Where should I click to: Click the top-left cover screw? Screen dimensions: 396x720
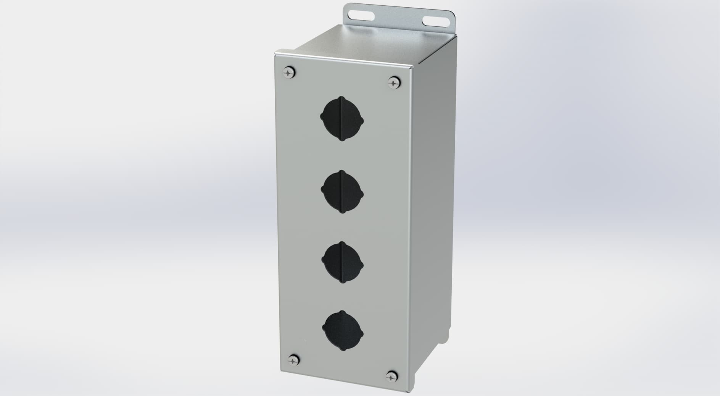click(290, 72)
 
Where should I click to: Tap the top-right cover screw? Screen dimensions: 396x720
click(393, 82)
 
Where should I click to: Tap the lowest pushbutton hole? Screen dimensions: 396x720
click(343, 333)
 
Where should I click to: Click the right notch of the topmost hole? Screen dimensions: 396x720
click(362, 122)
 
